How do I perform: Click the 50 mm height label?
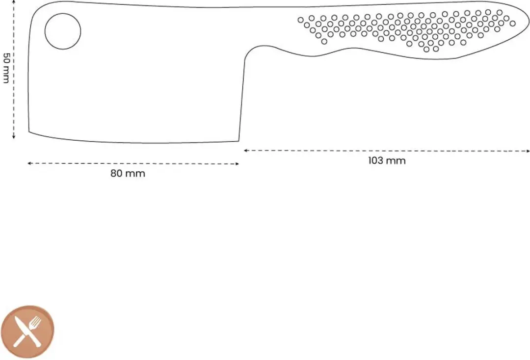tap(6, 68)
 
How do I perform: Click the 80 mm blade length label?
tap(128, 174)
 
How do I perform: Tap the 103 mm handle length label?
tap(387, 160)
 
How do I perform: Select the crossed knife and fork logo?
tap(27, 332)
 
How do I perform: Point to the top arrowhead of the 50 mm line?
tap(14, 1)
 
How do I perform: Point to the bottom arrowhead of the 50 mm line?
tap(14, 137)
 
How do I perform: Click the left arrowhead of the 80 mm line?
tap(29, 163)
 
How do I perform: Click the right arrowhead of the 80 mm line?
tap(238, 164)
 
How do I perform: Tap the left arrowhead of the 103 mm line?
tap(245, 150)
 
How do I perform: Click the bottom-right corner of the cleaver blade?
tap(239, 141)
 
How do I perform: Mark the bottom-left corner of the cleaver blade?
tap(29, 132)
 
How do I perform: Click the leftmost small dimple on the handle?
tap(300, 20)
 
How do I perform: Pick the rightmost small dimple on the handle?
tap(512, 24)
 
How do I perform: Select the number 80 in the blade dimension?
tap(116, 174)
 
